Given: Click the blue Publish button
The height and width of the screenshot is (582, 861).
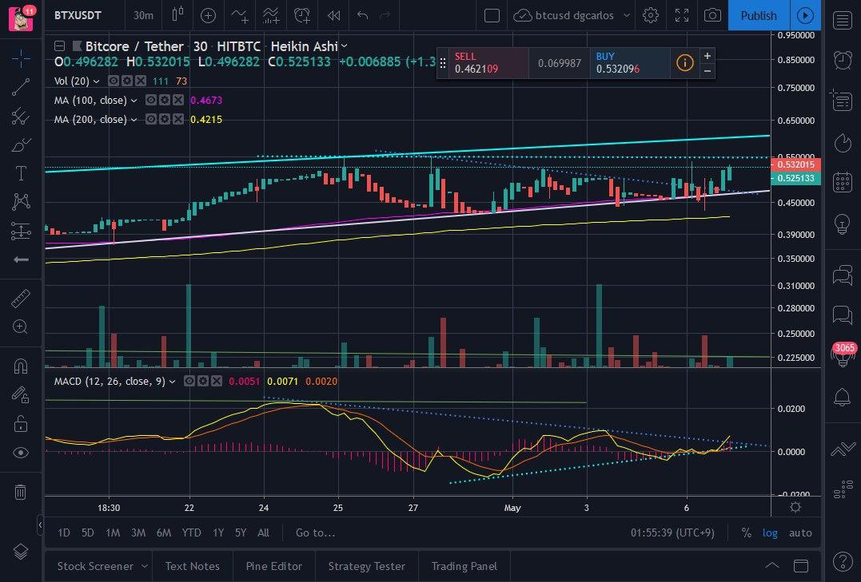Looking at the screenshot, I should click(x=758, y=15).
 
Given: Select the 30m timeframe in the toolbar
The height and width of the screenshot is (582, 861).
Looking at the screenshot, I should click(x=144, y=15).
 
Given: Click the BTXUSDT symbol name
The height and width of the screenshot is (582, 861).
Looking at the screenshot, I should click(x=78, y=15).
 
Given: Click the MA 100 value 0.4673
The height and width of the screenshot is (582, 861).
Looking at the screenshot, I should click(x=206, y=101).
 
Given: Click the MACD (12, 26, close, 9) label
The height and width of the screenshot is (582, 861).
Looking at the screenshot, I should click(x=110, y=382).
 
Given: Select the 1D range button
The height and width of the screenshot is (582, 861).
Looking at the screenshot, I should click(x=64, y=533).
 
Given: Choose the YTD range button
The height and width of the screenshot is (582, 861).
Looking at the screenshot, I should click(x=191, y=533).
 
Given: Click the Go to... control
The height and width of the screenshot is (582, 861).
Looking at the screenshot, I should click(x=315, y=533).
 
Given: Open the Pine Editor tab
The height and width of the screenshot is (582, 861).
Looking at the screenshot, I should click(x=273, y=566).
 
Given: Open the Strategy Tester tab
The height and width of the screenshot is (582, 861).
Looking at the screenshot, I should click(x=366, y=566).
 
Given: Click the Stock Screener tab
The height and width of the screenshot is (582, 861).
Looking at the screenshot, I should click(x=95, y=566).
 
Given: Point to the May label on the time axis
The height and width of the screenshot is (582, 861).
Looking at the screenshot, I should click(x=512, y=507).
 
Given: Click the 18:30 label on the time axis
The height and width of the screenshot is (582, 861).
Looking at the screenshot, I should click(x=109, y=507).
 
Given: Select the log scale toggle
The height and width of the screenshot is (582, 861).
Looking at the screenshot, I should click(x=770, y=533).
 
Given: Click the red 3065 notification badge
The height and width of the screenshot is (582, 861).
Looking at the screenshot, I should click(x=844, y=348).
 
